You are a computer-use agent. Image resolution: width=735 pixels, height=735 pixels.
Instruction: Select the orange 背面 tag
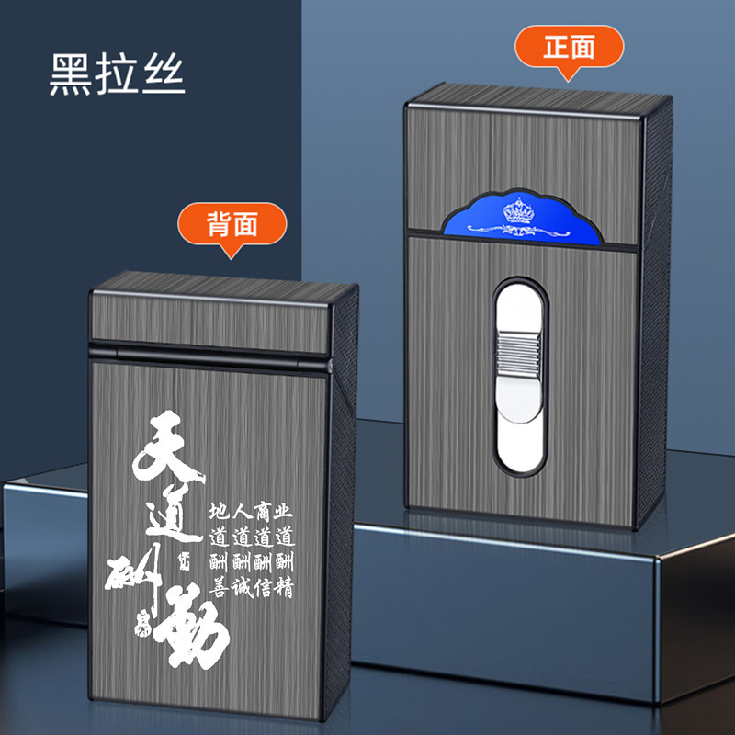[232, 224]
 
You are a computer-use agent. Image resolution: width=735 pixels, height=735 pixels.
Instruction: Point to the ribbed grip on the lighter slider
[520, 354]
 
